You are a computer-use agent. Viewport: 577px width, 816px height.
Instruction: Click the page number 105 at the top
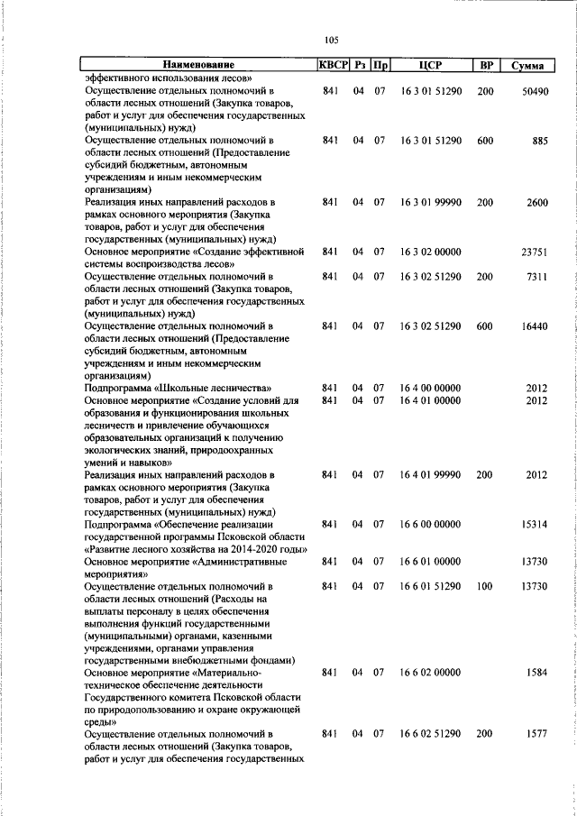pos(331,40)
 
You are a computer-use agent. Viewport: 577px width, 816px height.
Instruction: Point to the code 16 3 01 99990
pos(431,204)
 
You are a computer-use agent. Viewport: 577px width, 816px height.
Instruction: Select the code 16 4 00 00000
pos(431,389)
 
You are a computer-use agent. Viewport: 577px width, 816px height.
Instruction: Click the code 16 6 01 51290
pos(431,586)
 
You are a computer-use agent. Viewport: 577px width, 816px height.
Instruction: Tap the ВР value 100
pos(485,586)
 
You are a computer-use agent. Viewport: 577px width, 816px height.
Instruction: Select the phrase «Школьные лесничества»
pos(206,389)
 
